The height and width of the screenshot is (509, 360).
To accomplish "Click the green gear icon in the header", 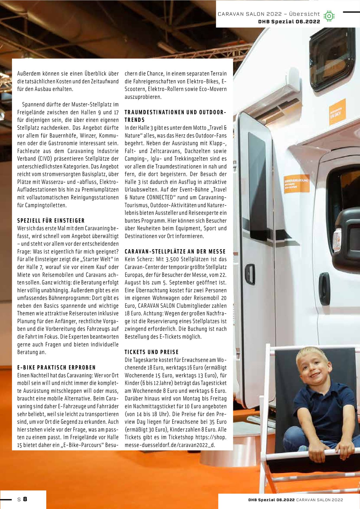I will (329, 16).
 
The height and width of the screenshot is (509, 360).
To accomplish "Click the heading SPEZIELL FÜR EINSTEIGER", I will (51, 220).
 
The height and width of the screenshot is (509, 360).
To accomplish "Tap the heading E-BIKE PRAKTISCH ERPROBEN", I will (56, 368).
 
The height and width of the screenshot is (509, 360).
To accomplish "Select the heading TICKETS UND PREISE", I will (151, 352).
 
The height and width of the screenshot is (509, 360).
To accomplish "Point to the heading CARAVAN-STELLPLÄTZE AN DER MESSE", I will (175, 251).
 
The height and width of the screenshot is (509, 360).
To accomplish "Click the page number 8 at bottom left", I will (25, 499).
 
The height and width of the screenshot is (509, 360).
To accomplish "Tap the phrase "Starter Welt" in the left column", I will (97, 259).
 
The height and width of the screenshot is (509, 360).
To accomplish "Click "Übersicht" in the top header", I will (304, 14).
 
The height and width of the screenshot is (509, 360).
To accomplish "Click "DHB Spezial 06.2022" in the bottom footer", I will (271, 500).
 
